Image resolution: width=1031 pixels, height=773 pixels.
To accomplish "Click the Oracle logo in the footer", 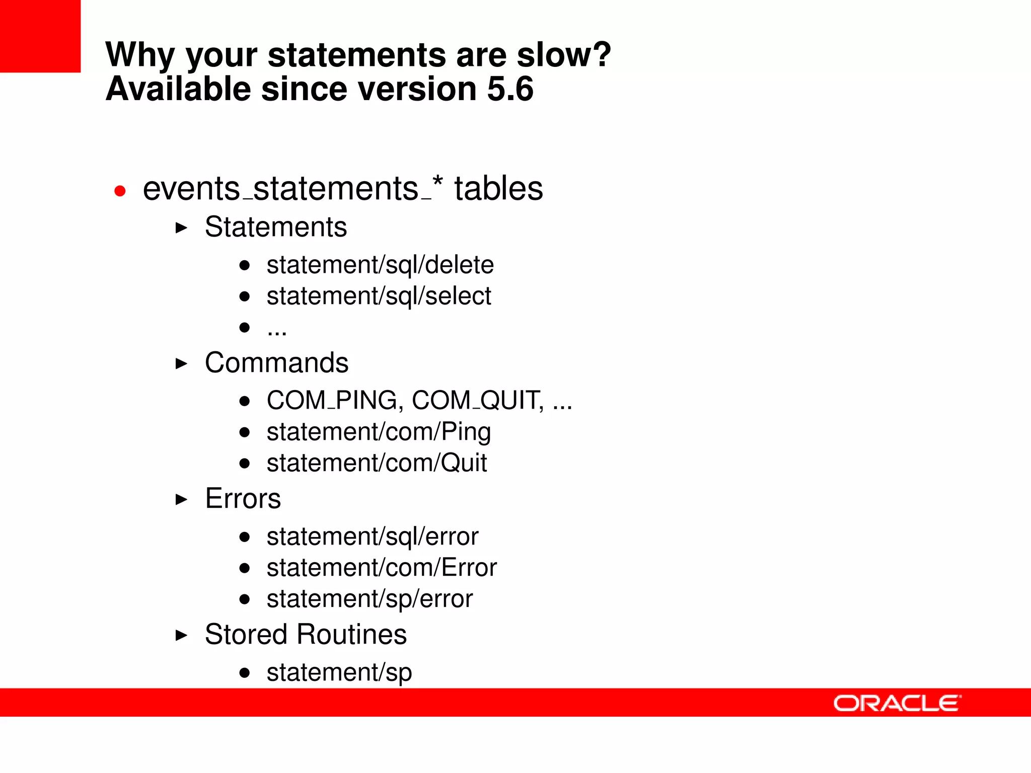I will (897, 703).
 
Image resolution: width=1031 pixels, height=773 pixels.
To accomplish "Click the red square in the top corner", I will (40, 36).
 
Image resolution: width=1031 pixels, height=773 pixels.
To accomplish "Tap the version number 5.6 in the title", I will (510, 89).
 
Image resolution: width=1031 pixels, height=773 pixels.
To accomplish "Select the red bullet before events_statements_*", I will (120, 191).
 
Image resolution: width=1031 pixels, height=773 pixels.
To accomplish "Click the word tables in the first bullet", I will (498, 189).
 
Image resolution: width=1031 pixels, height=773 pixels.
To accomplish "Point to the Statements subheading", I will (275, 227).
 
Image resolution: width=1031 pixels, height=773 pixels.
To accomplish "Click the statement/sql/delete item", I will (380, 265).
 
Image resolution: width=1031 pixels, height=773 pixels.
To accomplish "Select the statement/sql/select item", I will (378, 296).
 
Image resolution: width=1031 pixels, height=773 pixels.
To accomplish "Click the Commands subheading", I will (276, 363).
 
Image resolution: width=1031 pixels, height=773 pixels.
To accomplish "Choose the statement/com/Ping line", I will (378, 432).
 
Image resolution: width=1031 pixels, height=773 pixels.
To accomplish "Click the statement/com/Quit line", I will (376, 463).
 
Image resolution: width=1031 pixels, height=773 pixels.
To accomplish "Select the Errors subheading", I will (243, 499).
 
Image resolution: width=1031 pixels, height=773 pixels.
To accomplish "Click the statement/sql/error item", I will (372, 536).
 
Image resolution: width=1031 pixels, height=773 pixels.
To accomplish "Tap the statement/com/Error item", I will (381, 568).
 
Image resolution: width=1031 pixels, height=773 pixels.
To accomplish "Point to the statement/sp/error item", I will (369, 599).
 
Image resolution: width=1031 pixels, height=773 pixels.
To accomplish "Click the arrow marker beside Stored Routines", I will (181, 635).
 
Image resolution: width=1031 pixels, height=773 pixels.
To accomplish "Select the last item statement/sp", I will (339, 672).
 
